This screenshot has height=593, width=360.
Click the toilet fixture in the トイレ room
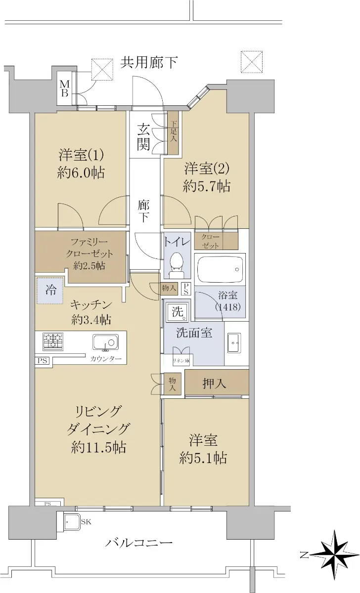tap(177, 265)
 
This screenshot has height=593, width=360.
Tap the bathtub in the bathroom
tap(220, 269)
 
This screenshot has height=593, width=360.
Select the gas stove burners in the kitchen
tap(53, 341)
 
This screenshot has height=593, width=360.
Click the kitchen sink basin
tap(105, 342)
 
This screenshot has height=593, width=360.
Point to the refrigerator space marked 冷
tap(50, 291)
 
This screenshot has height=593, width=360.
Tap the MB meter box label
tap(65, 89)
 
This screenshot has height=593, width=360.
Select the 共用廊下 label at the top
tap(149, 63)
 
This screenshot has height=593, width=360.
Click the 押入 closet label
tap(214, 383)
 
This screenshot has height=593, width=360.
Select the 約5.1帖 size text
tap(203, 458)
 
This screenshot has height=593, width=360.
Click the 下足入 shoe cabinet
tap(173, 133)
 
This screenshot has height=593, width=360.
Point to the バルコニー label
tap(139, 543)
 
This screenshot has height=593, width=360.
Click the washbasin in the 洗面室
tap(234, 343)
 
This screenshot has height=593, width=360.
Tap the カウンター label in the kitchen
tap(106, 359)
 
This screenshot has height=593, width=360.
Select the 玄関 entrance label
tap(143, 137)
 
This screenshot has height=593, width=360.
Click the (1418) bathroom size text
tap(228, 307)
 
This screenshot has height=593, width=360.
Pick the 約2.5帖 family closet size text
tap(89, 265)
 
